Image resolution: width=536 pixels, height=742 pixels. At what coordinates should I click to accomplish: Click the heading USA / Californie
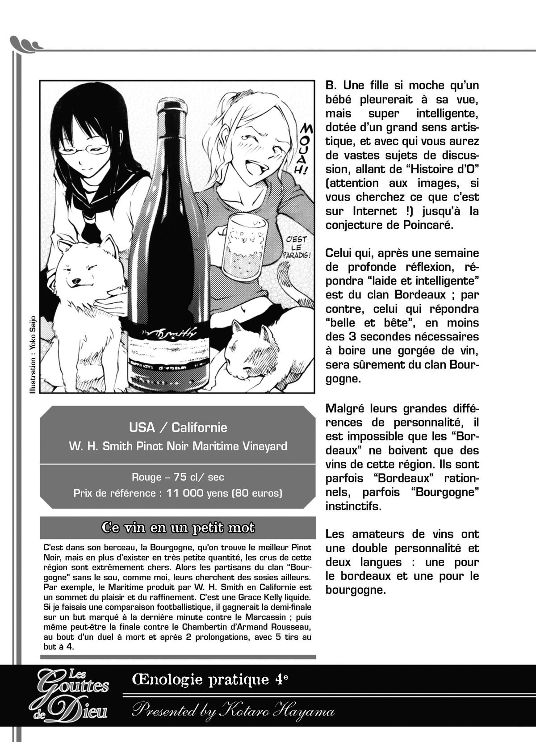click(178, 428)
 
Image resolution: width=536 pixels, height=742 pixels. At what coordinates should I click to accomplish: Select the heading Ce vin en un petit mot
click(178, 528)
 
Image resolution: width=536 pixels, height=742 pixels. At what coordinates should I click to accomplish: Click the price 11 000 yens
click(197, 493)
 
